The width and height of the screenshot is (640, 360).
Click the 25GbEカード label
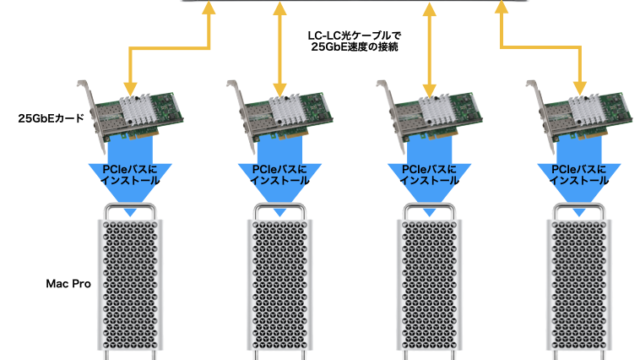click(x=51, y=118)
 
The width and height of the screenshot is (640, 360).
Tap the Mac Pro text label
click(x=68, y=284)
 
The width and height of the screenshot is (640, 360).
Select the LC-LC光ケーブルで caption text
click(x=354, y=36)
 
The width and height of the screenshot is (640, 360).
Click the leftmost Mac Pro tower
click(x=130, y=282)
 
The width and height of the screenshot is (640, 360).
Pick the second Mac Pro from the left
click(x=280, y=282)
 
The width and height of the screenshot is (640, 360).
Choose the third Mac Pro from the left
click(x=429, y=282)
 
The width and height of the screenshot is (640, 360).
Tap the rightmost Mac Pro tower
click(x=579, y=282)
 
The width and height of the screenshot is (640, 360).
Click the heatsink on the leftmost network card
click(x=137, y=109)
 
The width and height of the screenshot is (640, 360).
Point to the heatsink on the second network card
click(x=287, y=109)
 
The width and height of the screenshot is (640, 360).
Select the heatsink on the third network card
click(x=437, y=109)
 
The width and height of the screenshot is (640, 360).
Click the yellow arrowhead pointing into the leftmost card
click(x=130, y=89)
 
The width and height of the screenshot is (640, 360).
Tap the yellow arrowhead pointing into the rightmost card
click(x=580, y=89)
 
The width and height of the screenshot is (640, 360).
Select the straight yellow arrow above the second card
click(x=280, y=49)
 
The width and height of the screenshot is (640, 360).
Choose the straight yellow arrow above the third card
click(x=429, y=49)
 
